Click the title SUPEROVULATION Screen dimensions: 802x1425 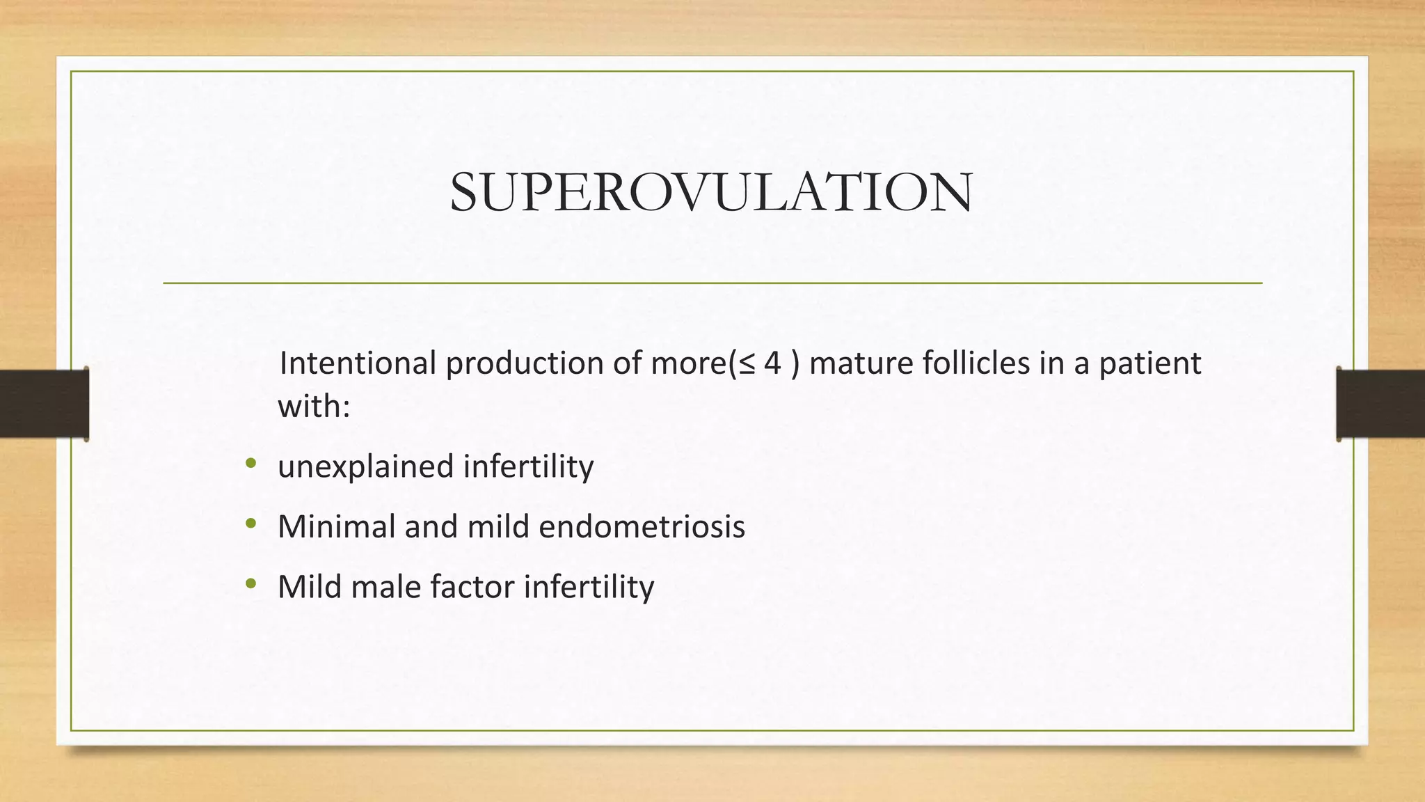(711, 192)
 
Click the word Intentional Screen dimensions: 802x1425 (357, 363)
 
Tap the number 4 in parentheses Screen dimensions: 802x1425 (772, 363)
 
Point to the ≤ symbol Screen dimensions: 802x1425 (746, 364)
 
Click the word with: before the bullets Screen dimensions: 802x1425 (313, 406)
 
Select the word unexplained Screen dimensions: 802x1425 (365, 466)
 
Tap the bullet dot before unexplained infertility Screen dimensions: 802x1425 (250, 463)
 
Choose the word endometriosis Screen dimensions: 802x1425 (642, 526)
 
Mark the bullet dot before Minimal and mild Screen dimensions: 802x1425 (250, 524)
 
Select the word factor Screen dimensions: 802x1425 (472, 586)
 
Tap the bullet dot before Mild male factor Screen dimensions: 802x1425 (250, 583)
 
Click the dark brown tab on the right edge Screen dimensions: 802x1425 (1380, 404)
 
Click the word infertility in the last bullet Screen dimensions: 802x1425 (589, 586)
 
